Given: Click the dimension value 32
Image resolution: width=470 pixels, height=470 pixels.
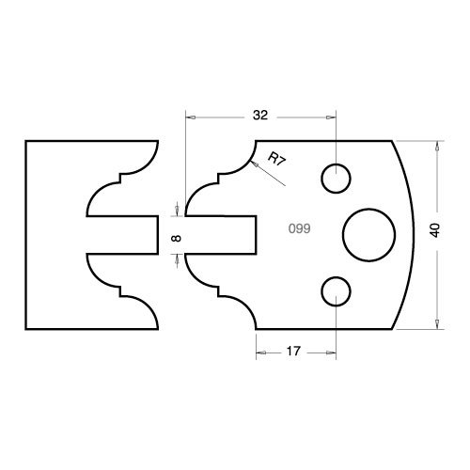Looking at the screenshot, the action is (260, 116).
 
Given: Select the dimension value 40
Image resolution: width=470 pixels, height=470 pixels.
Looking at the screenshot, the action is (436, 230).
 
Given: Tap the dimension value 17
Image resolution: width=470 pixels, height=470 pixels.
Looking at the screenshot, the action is (293, 352).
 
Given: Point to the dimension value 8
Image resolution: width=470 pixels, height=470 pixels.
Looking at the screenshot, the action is (177, 239).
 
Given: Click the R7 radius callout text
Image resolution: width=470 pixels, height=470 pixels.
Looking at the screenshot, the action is (277, 159).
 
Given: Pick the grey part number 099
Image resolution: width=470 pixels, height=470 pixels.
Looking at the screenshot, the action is (300, 228).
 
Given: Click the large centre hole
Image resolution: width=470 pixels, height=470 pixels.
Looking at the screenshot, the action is (369, 235).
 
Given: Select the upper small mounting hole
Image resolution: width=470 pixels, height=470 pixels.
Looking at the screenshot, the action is (336, 179).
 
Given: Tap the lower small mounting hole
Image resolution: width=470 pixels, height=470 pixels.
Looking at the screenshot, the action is (336, 291).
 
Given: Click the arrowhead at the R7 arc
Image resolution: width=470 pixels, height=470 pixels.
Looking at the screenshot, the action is (255, 164).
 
